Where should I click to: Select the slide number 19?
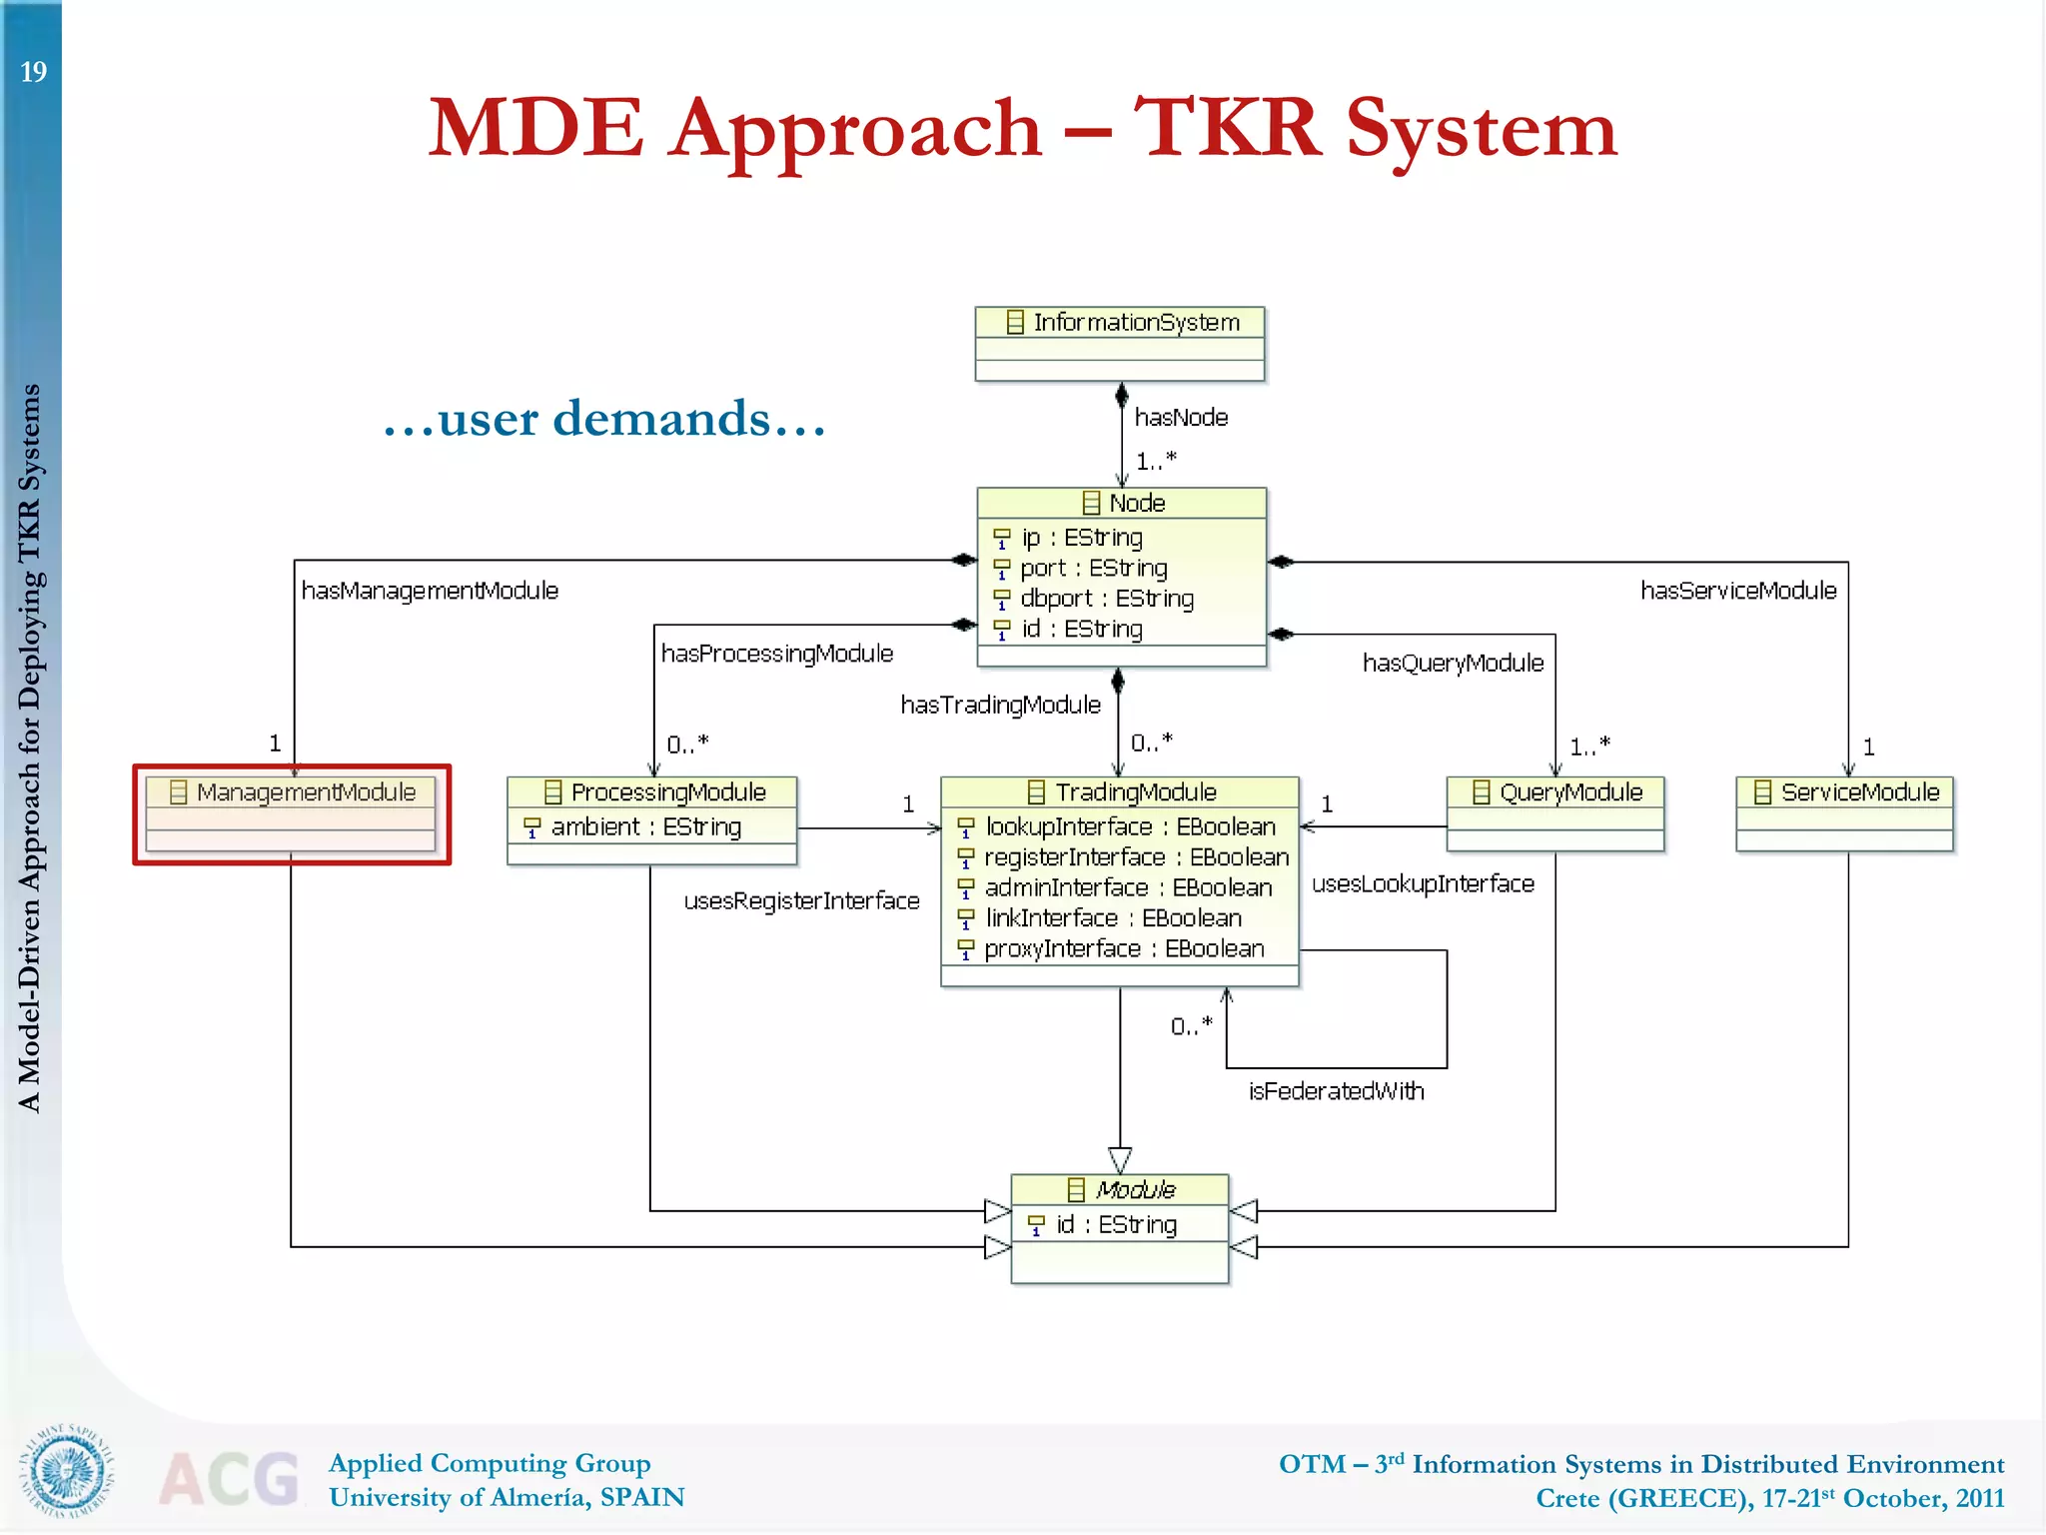coord(33,72)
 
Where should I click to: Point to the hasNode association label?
coord(1181,418)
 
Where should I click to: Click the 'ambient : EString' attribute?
coord(645,827)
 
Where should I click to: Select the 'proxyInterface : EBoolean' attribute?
coord(1123,949)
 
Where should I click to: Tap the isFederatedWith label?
coord(1336,1091)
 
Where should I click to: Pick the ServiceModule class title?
coord(1859,792)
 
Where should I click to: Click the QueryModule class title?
coord(1570,792)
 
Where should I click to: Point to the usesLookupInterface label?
coord(1423,884)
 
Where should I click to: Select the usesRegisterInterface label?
coord(801,901)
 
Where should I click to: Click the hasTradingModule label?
coord(1000,706)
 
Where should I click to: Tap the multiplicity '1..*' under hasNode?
coord(1156,462)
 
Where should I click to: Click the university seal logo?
coord(68,1470)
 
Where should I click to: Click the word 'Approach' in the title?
coord(855,129)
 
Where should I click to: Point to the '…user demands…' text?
coord(604,419)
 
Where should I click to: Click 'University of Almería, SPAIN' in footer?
coord(507,1498)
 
